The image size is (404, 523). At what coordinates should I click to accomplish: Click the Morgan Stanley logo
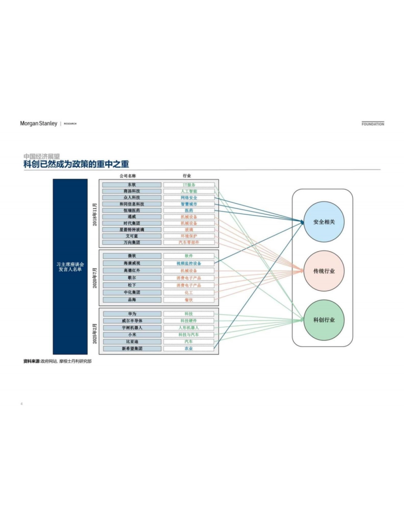click(38, 123)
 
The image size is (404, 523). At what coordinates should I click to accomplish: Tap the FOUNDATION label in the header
click(373, 124)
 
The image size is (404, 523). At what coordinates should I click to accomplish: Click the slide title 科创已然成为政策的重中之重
click(76, 164)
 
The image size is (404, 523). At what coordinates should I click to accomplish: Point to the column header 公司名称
click(128, 176)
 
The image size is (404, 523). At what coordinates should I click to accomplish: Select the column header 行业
click(187, 176)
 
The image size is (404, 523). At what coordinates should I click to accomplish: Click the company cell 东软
click(132, 185)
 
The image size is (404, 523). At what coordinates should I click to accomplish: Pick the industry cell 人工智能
click(189, 191)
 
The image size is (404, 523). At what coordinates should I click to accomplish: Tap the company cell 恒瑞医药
click(132, 210)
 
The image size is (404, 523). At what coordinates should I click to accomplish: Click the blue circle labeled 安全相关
click(324, 222)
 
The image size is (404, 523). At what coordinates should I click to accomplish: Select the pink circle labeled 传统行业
click(324, 271)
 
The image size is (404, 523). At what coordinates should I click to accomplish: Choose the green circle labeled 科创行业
click(324, 320)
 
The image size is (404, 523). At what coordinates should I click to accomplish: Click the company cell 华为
click(132, 313)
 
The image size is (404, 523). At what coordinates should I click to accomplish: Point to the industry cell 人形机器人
click(189, 328)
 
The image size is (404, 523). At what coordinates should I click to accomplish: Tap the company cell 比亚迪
click(132, 341)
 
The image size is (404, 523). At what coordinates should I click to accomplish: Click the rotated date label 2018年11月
click(95, 214)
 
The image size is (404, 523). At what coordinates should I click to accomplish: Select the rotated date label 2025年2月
click(95, 333)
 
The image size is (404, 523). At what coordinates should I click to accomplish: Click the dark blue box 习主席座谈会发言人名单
click(70, 267)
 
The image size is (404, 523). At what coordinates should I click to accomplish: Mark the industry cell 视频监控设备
click(189, 263)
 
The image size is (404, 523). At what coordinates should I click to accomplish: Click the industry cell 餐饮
click(189, 300)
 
